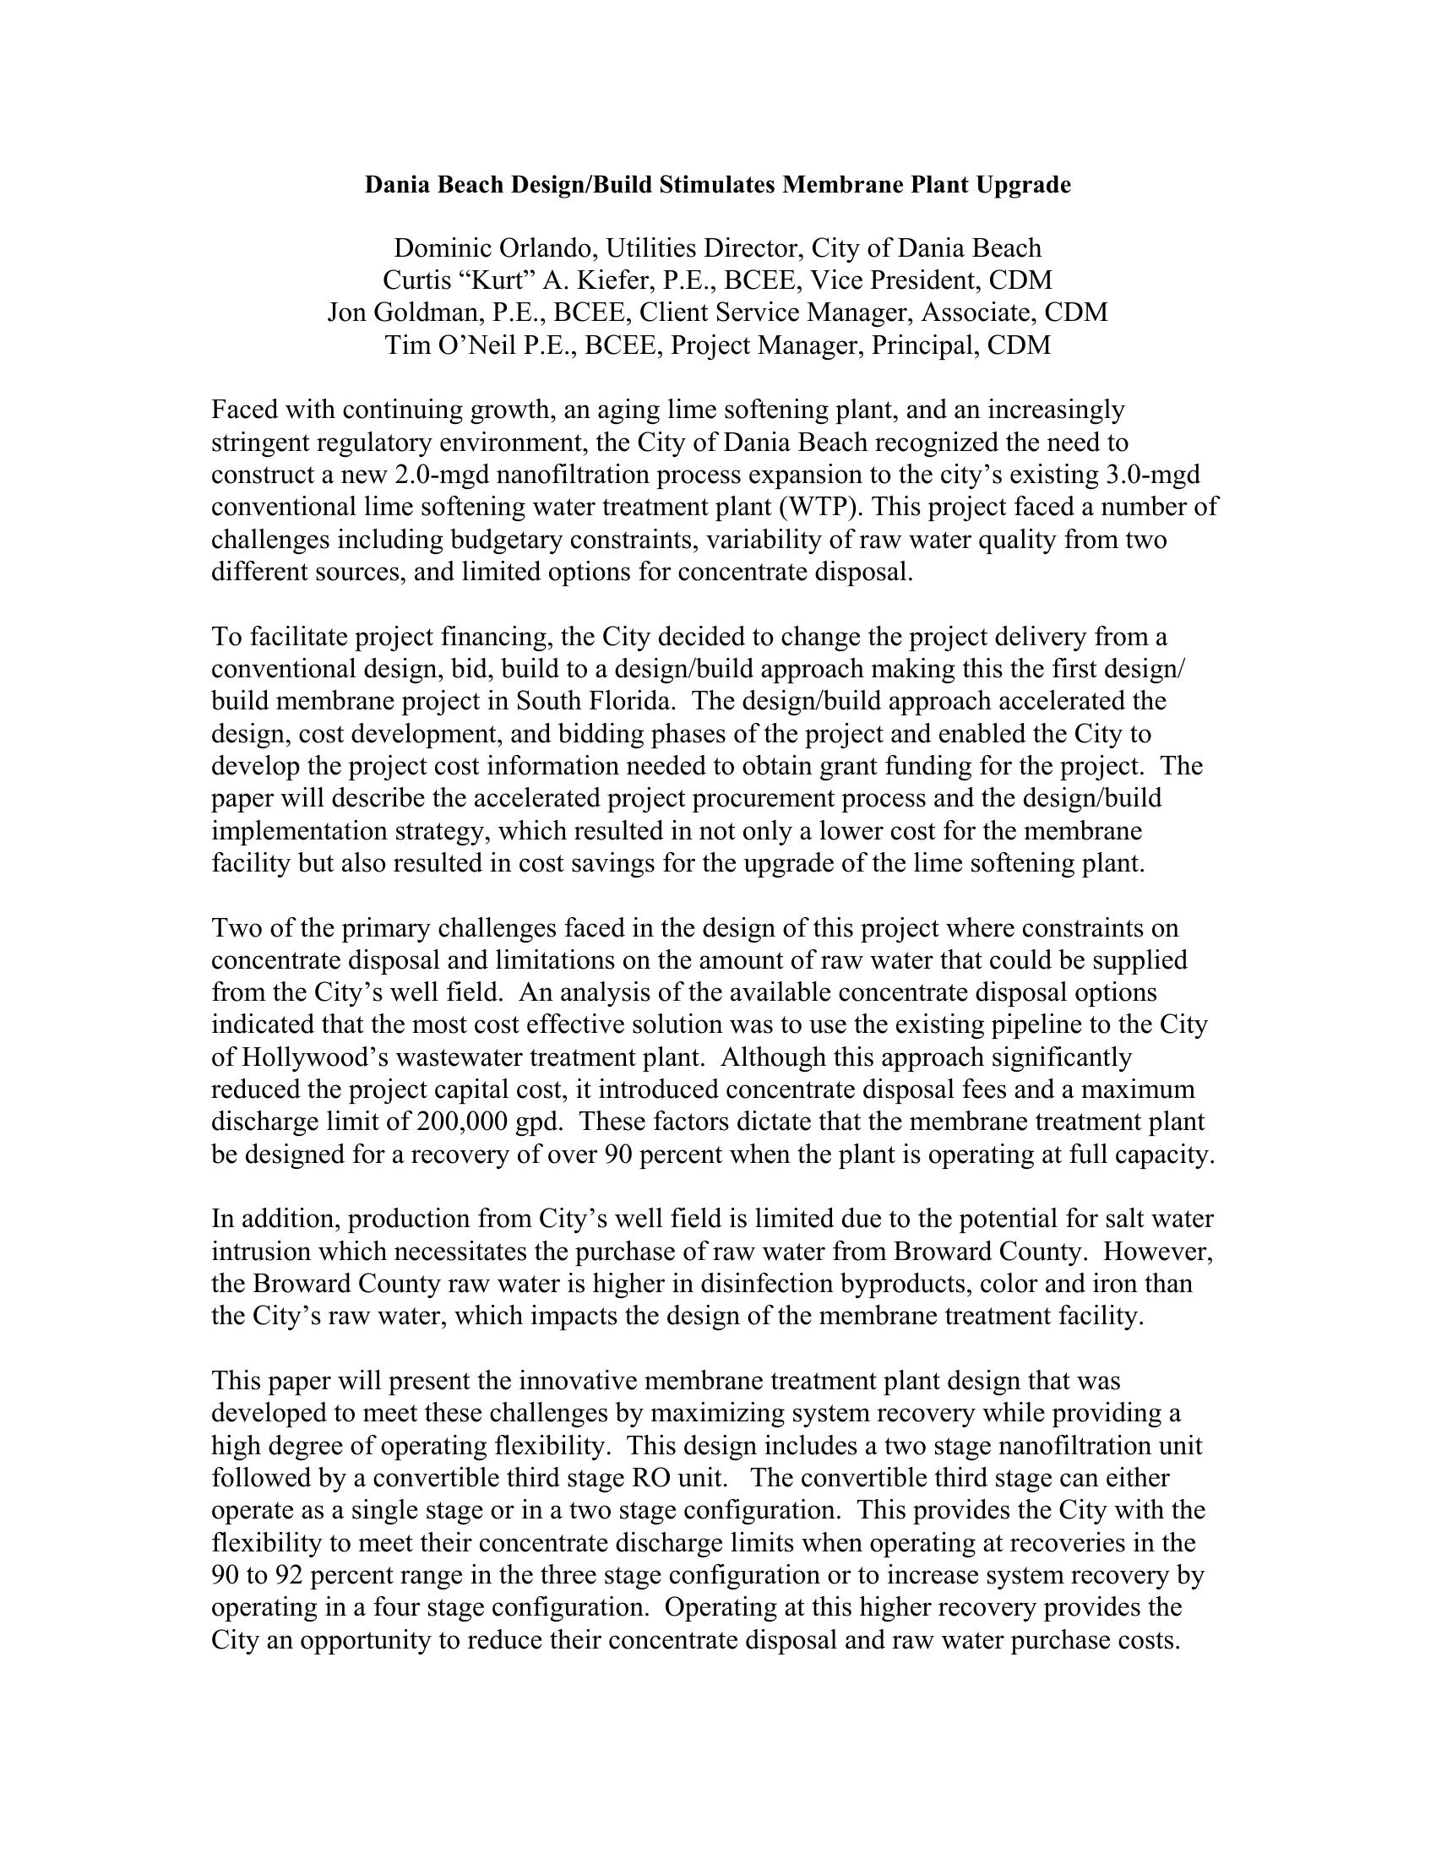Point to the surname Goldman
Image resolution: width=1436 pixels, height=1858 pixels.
click(x=422, y=313)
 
